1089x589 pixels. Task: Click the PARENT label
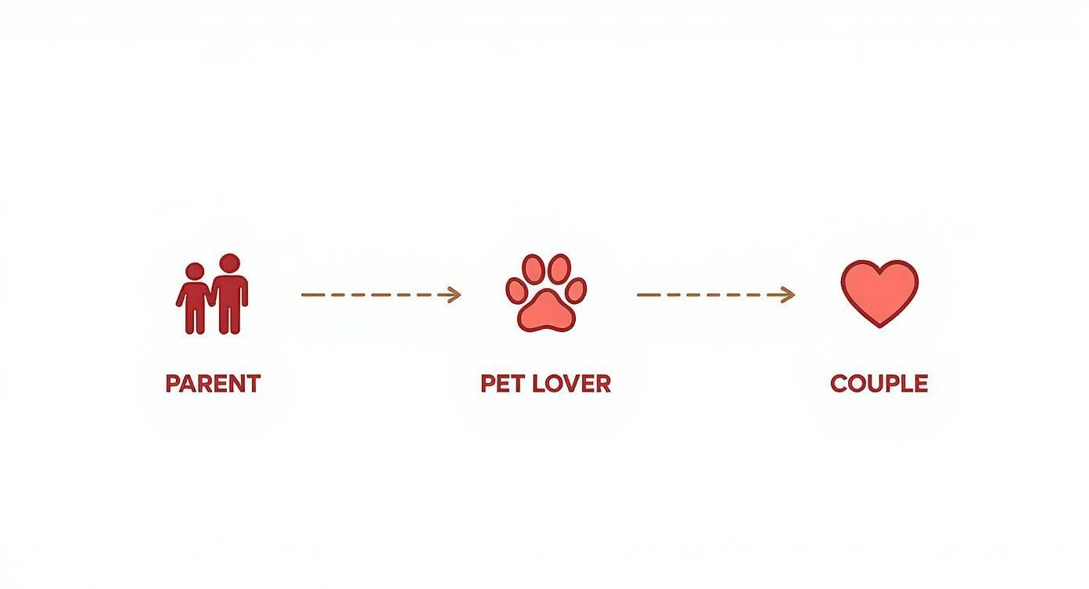213,384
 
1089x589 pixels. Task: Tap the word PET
502,384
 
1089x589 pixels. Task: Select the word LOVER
572,384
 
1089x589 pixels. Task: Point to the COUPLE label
879,384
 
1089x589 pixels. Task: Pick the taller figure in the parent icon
229,294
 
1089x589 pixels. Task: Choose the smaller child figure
195,298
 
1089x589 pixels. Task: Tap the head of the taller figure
229,263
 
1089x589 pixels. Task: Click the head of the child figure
195,272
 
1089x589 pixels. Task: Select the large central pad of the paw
546,312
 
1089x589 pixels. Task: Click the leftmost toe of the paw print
516,290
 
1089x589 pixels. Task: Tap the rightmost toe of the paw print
576,290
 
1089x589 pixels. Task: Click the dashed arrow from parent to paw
381,294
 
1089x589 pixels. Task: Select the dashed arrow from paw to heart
716,294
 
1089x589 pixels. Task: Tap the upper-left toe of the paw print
533,269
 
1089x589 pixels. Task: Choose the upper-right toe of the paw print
559,269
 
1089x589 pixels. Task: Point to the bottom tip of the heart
879,327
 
